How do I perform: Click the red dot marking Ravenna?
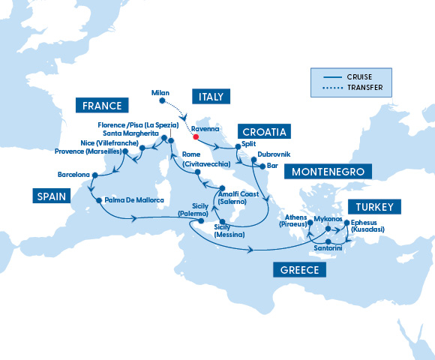195,137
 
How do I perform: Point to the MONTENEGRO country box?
327,172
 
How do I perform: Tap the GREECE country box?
298,270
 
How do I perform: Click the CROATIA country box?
262,132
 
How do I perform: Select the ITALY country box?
211,96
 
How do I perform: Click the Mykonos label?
328,219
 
